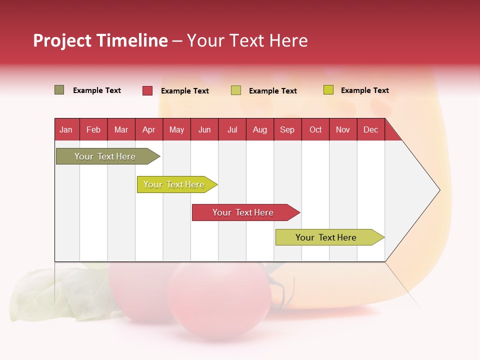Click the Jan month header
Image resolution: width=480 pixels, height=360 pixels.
point(66,129)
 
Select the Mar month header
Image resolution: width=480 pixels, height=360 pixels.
point(121,129)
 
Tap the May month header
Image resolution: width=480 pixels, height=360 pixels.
point(176,129)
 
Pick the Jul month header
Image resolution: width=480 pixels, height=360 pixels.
point(232,129)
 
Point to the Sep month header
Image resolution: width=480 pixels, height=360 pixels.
point(287,129)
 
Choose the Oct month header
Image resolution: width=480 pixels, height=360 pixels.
point(315,129)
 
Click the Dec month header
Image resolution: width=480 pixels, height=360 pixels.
point(370,129)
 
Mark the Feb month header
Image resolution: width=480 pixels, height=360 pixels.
point(93,129)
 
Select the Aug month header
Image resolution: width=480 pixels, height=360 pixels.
point(259,129)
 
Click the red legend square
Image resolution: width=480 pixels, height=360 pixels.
point(147,90)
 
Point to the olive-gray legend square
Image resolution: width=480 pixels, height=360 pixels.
point(59,90)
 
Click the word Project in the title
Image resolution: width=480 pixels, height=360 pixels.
point(62,40)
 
